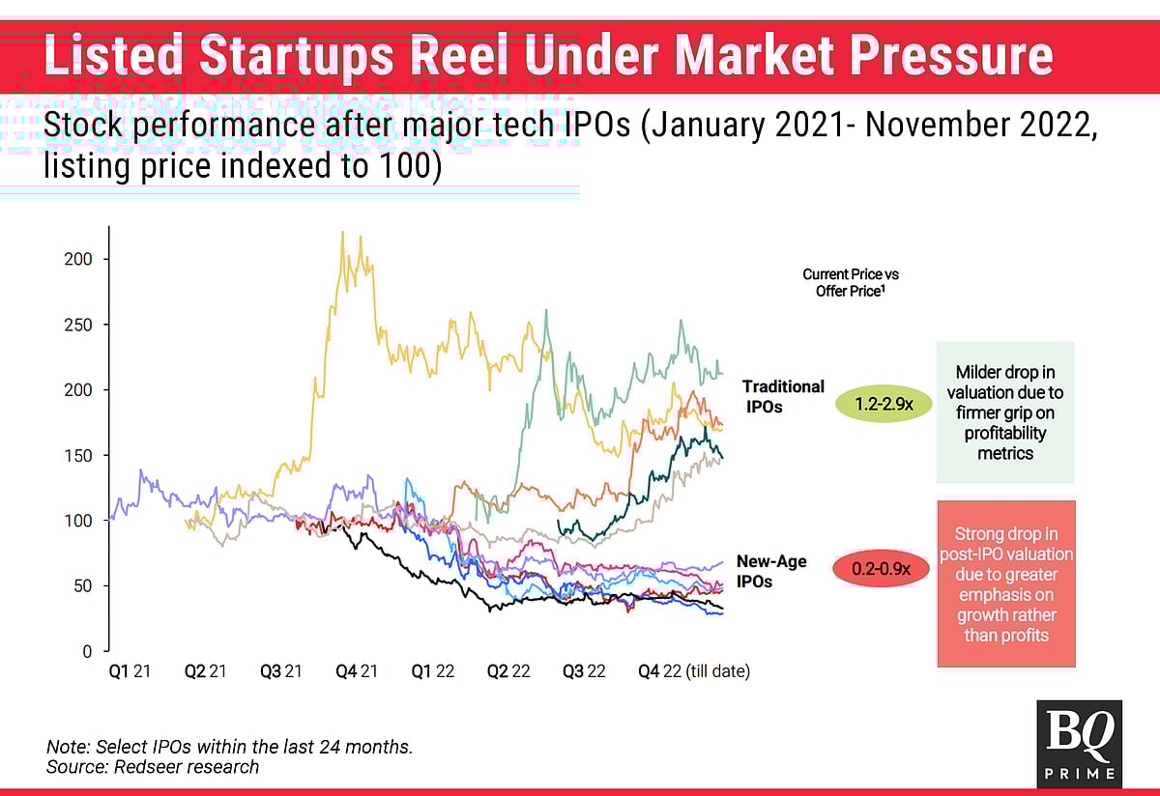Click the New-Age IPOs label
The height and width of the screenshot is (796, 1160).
pyautogui.click(x=770, y=571)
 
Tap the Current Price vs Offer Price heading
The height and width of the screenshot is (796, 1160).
pyautogui.click(x=850, y=282)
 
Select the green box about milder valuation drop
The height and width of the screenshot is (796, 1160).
pyautogui.click(x=1005, y=412)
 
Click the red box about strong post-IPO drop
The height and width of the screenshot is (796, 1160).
pyautogui.click(x=1005, y=583)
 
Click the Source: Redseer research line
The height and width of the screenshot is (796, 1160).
pyautogui.click(x=153, y=767)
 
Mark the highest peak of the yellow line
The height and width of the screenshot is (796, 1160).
pyautogui.click(x=343, y=233)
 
